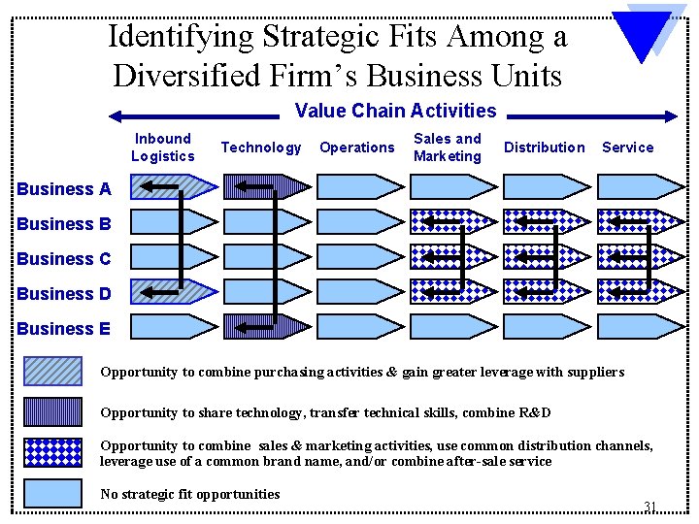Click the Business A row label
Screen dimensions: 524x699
[64, 189]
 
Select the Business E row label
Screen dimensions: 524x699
[64, 329]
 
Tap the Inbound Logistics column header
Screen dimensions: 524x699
[162, 147]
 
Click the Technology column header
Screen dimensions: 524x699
[261, 147]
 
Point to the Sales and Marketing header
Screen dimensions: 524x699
[447, 147]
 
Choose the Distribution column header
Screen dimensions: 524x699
[545, 147]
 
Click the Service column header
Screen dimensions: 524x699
[628, 147]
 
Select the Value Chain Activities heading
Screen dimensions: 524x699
[395, 112]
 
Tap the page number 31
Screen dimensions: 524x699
[650, 506]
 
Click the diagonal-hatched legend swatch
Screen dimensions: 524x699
[52, 372]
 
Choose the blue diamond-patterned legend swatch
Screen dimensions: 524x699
[52, 452]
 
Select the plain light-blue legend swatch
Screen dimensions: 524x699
[52, 493]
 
